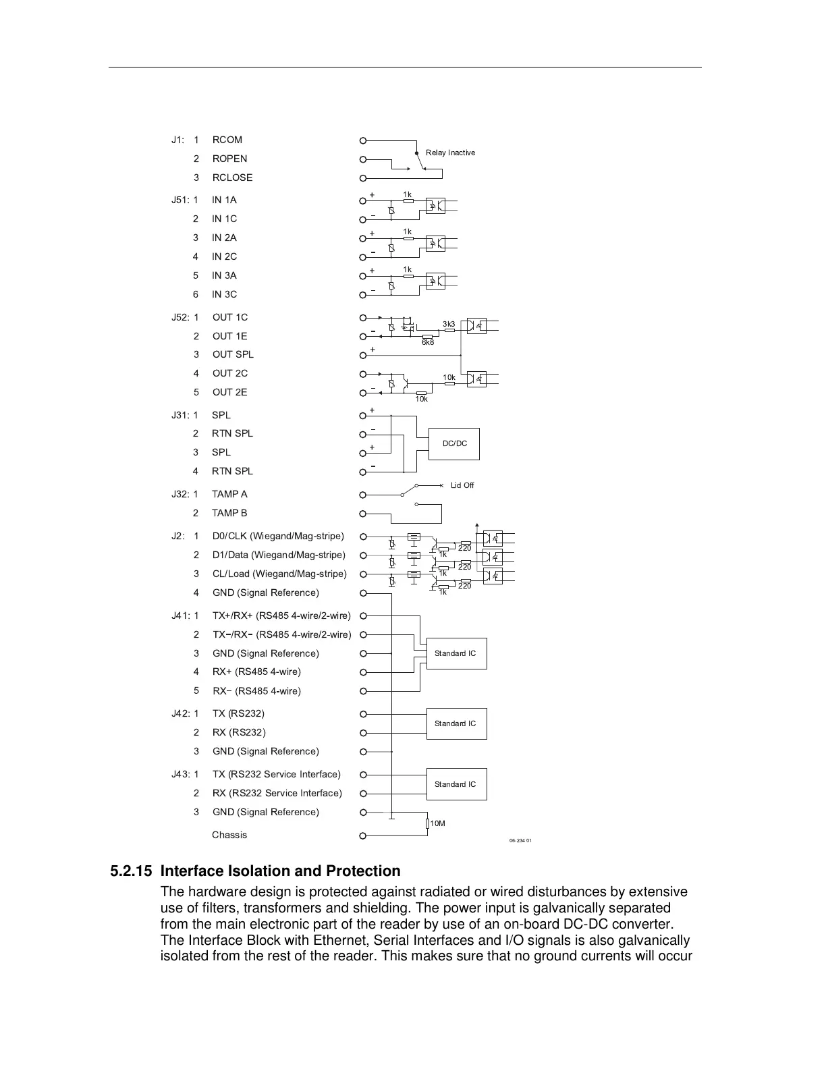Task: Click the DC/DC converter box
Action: click(454, 444)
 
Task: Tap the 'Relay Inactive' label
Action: click(450, 153)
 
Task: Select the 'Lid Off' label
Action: click(462, 485)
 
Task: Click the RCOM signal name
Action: click(227, 140)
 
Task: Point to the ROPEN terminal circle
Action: click(362, 159)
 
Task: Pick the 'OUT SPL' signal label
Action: click(233, 354)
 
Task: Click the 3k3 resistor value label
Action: click(449, 324)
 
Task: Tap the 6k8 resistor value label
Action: click(428, 342)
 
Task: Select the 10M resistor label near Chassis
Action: click(438, 823)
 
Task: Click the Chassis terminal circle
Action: click(362, 836)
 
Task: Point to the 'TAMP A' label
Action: click(229, 494)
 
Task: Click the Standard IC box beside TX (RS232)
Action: click(456, 723)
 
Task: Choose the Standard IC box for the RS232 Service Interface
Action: click(456, 784)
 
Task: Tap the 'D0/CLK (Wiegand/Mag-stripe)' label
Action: click(278, 536)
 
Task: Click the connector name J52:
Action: click(180, 317)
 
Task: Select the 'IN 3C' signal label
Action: click(224, 294)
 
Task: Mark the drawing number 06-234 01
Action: click(520, 840)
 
